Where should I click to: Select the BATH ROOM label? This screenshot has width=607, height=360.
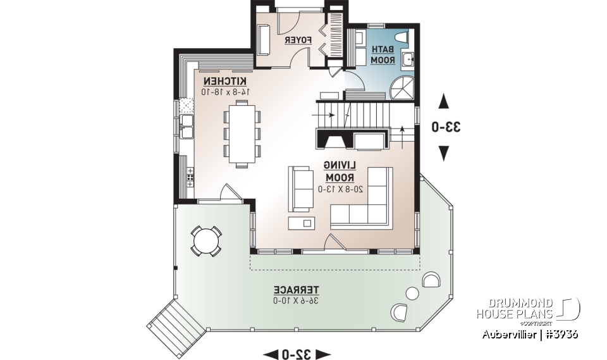point(383,54)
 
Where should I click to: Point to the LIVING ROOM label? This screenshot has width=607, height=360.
point(341,171)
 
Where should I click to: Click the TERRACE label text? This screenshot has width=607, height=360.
point(296,289)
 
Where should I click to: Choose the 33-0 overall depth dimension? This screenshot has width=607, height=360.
point(445,127)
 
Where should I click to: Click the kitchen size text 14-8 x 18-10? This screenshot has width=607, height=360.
point(226,92)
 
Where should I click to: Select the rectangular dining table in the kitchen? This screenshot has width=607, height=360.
point(242,134)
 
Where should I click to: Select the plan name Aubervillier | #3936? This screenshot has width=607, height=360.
point(528,333)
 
